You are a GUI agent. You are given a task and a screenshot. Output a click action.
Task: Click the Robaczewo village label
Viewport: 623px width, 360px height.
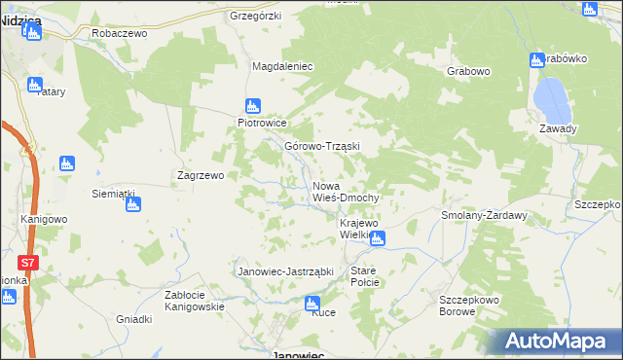tap(118, 32)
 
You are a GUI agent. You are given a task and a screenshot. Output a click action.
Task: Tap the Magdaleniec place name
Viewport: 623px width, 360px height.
tap(281, 66)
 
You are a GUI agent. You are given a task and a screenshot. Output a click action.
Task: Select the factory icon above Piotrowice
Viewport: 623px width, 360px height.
tap(253, 106)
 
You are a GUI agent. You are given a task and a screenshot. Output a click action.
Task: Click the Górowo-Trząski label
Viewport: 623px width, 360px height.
tap(322, 147)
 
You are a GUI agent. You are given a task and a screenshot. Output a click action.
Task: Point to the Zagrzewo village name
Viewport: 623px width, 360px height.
tap(201, 176)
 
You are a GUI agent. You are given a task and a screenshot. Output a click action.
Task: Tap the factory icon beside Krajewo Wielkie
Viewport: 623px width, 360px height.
tap(378, 237)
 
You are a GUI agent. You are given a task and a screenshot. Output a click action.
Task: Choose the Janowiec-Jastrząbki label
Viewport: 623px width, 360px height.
tap(286, 271)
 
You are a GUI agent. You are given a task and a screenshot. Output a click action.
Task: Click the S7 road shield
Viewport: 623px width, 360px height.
tap(28, 263)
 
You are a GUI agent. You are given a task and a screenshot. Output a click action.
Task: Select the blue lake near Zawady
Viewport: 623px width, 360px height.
tap(550, 95)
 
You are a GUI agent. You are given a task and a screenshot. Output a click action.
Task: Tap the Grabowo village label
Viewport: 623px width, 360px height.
tap(468, 71)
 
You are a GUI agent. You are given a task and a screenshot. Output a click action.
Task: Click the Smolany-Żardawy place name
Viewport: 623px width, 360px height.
tap(484, 215)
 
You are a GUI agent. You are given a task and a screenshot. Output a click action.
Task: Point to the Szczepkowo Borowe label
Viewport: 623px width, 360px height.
tap(469, 306)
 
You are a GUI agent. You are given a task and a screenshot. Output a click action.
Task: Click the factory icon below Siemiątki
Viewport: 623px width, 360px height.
tap(133, 204)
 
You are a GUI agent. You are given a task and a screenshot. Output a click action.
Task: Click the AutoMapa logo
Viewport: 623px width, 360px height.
tap(558, 341)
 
